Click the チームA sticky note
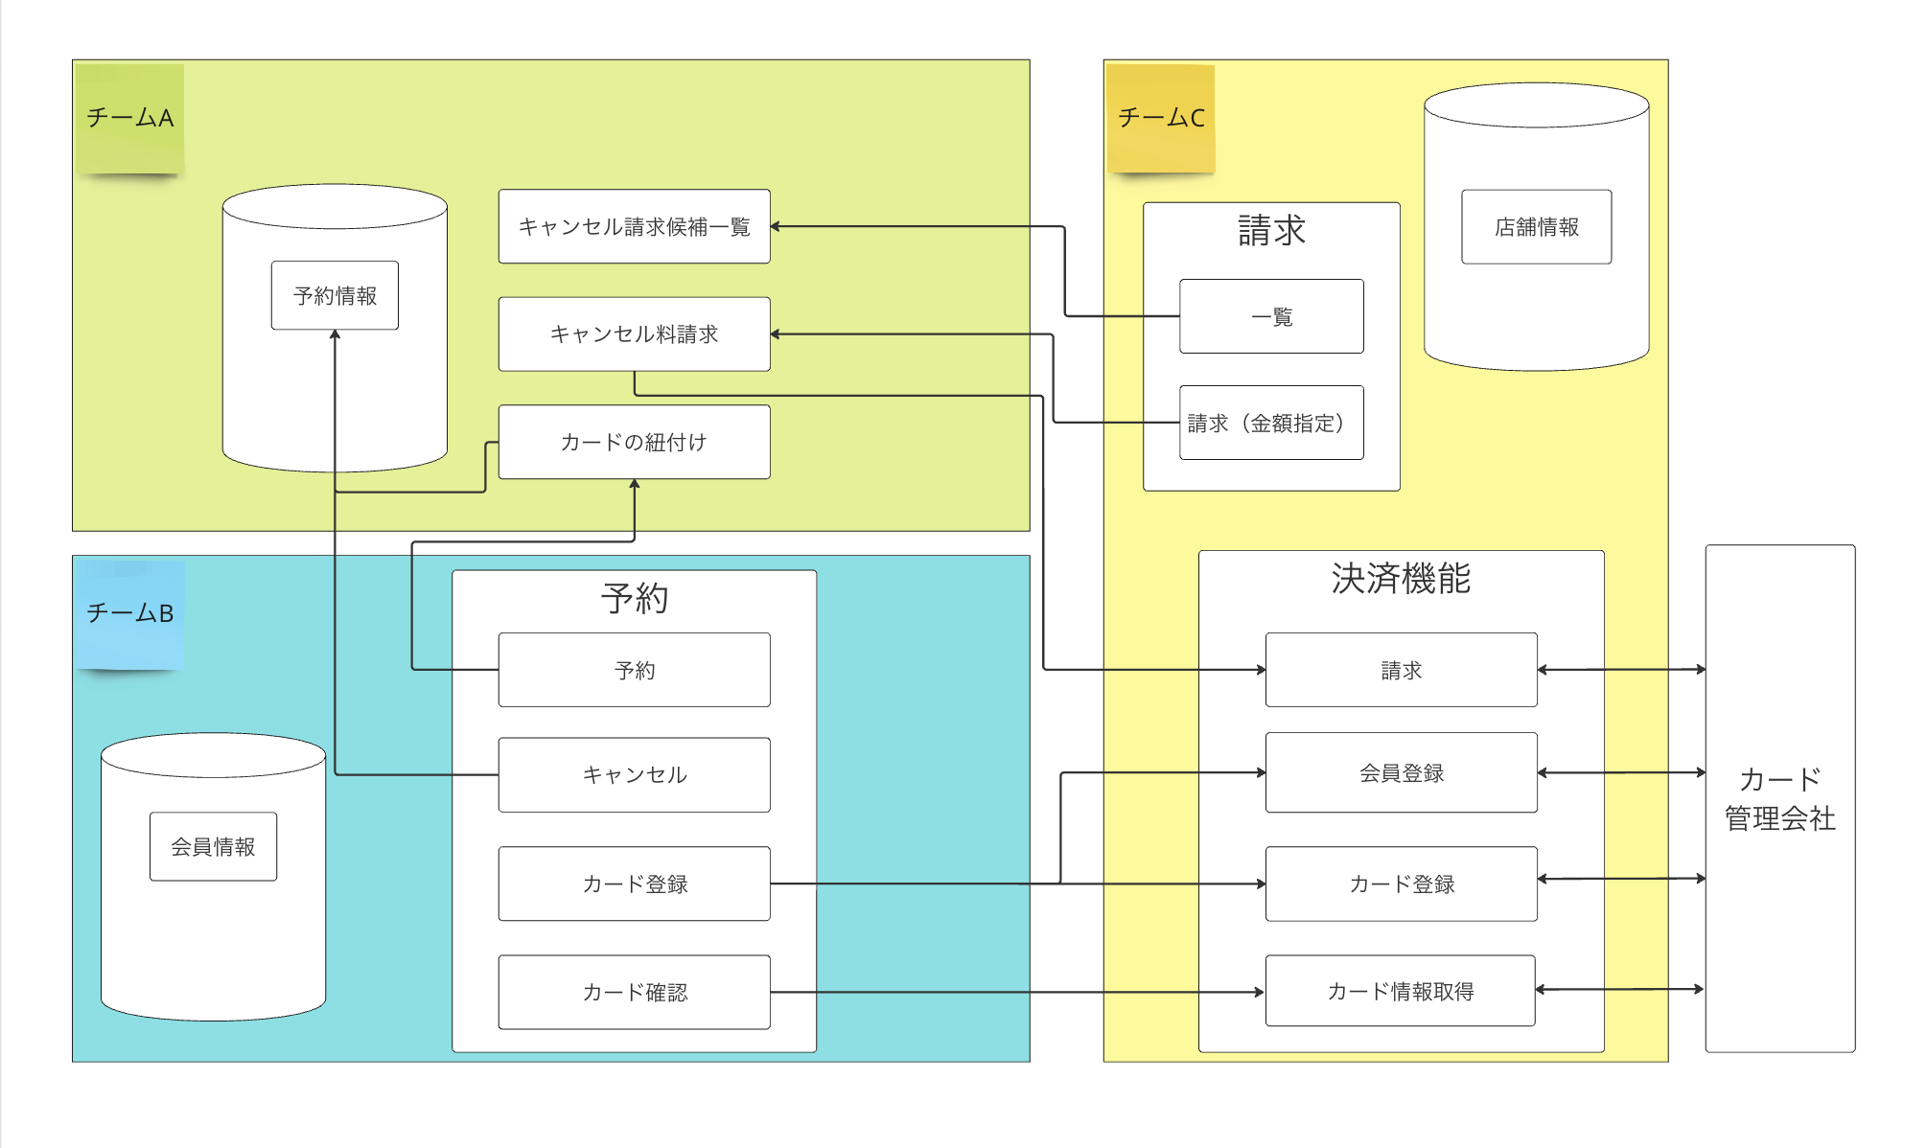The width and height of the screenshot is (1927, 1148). (x=129, y=118)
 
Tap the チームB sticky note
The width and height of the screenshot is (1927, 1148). (x=129, y=613)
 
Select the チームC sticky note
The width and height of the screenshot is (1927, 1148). (x=1161, y=118)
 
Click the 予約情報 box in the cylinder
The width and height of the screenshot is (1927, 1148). (x=335, y=295)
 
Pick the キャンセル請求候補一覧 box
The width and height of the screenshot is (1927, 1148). (x=634, y=226)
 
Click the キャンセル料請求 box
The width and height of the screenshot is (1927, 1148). (x=634, y=334)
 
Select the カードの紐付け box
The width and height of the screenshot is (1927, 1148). (x=634, y=442)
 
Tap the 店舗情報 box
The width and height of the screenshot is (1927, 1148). (x=1536, y=226)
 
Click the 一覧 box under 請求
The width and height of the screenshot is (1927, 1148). (x=1271, y=316)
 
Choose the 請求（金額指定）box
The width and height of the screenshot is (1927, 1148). (x=1271, y=423)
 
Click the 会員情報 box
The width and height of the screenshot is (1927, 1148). (x=213, y=846)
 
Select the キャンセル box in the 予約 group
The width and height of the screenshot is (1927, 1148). (x=634, y=774)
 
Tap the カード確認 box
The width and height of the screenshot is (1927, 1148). (x=634, y=992)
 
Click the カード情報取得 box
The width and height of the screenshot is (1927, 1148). (x=1400, y=991)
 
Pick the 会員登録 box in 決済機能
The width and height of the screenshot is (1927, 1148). (x=1401, y=772)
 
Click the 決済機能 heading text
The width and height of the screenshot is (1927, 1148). (x=1401, y=579)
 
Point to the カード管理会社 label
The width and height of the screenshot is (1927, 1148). (x=1779, y=798)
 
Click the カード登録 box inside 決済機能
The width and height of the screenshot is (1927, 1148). (x=1401, y=884)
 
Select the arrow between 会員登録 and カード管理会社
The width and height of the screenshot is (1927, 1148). (x=1620, y=772)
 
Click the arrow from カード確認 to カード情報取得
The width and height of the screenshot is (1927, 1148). (x=1016, y=992)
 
